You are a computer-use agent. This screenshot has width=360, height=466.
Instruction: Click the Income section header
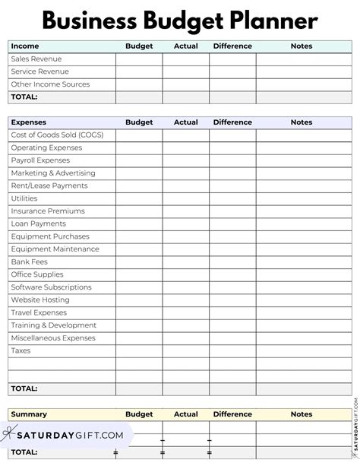(x=24, y=46)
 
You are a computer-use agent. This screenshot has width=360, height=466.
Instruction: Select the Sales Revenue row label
(x=36, y=59)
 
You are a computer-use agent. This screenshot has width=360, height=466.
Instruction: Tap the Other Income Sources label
(x=50, y=84)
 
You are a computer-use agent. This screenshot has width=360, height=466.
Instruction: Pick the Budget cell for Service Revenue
(x=139, y=71)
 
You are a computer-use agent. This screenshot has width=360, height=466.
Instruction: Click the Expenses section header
(x=28, y=122)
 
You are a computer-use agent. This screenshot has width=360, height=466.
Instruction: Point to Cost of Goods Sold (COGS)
(x=57, y=135)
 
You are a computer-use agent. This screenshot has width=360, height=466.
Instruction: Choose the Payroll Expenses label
(x=40, y=160)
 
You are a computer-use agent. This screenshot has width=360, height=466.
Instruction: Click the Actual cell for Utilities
(x=185, y=198)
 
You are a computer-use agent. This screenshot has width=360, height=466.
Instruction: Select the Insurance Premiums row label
(x=48, y=211)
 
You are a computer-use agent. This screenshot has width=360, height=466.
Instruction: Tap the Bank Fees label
(x=30, y=262)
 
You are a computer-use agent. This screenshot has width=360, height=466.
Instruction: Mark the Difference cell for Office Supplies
(x=232, y=274)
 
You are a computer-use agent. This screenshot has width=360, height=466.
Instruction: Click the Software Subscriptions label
(x=53, y=287)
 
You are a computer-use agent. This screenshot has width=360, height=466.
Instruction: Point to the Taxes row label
(x=21, y=350)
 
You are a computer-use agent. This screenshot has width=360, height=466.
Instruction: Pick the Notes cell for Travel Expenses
(x=302, y=312)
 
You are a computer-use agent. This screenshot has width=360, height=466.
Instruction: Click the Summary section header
(x=29, y=414)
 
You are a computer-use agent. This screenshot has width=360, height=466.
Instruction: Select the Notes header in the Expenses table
(x=302, y=122)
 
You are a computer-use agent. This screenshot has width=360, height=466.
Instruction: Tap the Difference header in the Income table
(x=232, y=46)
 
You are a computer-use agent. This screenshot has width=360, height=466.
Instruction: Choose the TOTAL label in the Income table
(x=24, y=97)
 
